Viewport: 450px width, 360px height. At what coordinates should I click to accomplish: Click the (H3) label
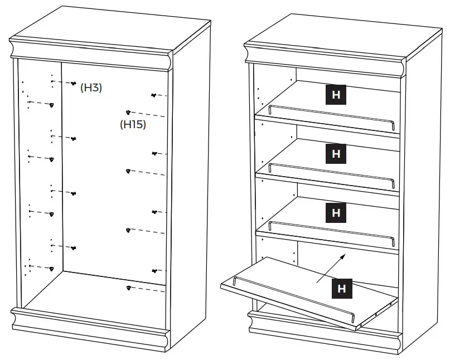[x=91, y=87]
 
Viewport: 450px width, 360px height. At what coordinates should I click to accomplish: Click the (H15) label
[x=133, y=124]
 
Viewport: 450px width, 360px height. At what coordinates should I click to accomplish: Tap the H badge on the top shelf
[x=336, y=95]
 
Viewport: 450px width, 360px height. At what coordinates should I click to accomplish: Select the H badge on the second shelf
[x=336, y=153]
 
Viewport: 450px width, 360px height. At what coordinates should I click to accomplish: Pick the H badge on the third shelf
[x=336, y=212]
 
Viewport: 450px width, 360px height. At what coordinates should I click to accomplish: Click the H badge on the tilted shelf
[x=341, y=288]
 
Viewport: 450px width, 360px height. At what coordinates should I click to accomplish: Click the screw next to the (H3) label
[x=74, y=84]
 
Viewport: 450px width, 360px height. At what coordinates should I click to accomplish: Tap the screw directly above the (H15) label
[x=129, y=113]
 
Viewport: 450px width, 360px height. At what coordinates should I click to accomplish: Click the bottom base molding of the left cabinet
[x=89, y=332]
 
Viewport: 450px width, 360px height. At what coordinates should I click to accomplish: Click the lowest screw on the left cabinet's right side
[x=129, y=288]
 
